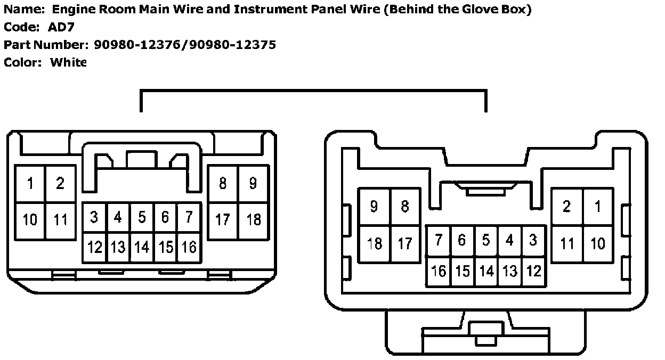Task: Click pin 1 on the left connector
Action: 30,184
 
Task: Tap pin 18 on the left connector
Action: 254,219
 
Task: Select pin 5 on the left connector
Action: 142,217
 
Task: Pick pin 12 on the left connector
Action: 95,247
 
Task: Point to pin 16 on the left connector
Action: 189,247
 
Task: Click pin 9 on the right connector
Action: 374,206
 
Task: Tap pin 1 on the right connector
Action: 598,206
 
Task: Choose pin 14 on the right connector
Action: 486,271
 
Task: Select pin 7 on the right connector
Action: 439,241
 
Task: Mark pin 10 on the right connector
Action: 598,243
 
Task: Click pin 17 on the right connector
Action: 405,243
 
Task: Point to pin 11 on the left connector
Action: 60,219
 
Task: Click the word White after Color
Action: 68,62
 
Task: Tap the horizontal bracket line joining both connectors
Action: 313,91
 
